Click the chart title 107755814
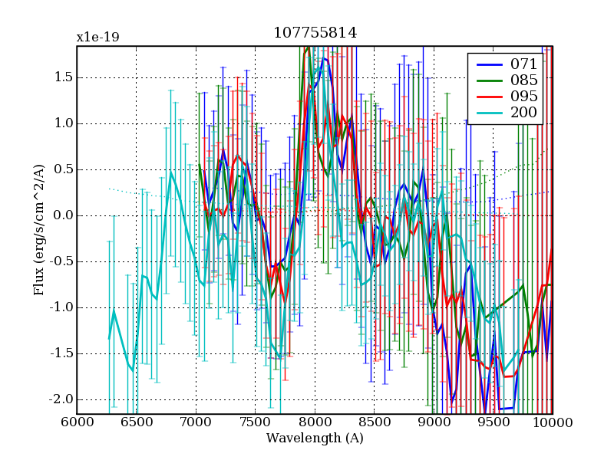coord(315,34)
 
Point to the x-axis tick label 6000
coord(76,422)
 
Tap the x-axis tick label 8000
coord(315,422)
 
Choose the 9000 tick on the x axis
coord(434,422)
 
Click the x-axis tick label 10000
coord(551,422)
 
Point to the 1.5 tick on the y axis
coord(63,77)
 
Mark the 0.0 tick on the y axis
coord(63,215)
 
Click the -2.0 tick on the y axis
coord(61,399)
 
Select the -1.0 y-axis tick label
coord(61,307)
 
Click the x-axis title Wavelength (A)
coord(315,439)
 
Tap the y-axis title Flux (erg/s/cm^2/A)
coord(38,230)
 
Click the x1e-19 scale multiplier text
coord(97,37)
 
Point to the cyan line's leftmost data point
coord(109,338)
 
